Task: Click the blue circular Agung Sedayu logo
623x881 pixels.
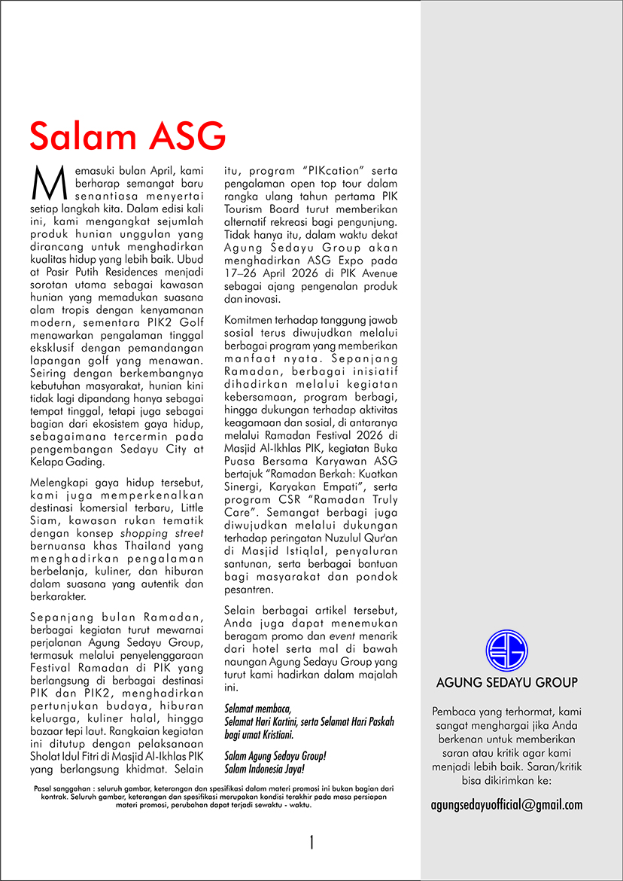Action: click(x=506, y=651)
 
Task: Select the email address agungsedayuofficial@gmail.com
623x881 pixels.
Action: click(x=506, y=805)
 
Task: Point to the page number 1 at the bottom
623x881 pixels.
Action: click(x=311, y=843)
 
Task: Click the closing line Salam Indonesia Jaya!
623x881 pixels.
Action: click(x=265, y=769)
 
